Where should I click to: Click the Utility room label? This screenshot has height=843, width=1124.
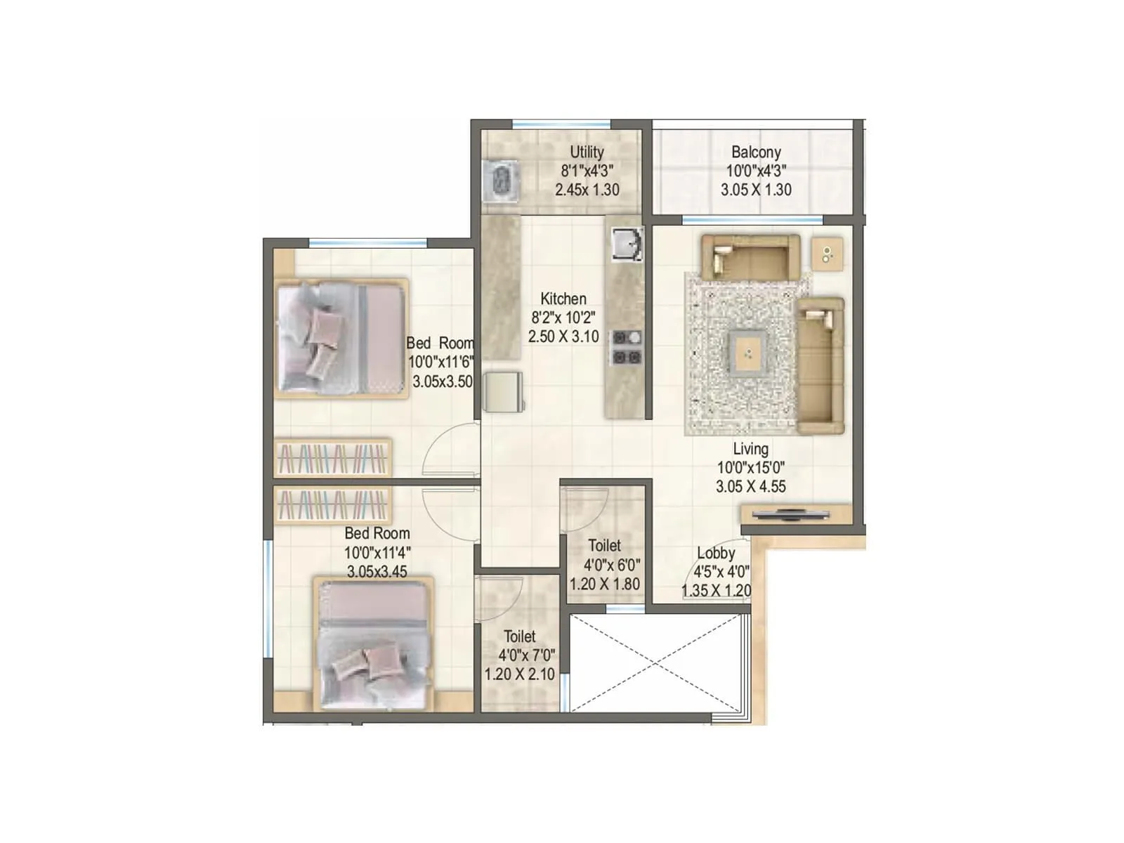tap(587, 152)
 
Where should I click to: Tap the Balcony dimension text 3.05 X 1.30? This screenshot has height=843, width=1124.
tap(756, 190)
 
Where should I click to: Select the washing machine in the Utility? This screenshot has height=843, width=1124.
tap(500, 182)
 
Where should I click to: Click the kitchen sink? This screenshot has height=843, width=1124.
tap(626, 244)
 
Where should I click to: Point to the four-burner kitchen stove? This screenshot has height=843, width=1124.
tap(626, 347)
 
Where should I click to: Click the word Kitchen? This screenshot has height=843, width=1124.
tap(563, 299)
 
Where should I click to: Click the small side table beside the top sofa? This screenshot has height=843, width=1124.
tap(828, 254)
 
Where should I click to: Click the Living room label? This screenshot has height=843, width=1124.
tap(750, 449)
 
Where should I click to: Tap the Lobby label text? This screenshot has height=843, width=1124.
tap(716, 553)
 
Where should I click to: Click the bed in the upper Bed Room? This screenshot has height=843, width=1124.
tap(341, 339)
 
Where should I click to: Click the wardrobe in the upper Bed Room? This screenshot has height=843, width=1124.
tap(332, 458)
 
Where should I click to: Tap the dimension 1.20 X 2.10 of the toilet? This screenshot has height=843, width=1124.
tap(519, 674)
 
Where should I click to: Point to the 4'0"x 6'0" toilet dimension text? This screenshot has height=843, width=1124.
tap(611, 565)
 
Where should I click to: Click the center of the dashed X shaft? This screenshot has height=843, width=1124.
tap(655, 663)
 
